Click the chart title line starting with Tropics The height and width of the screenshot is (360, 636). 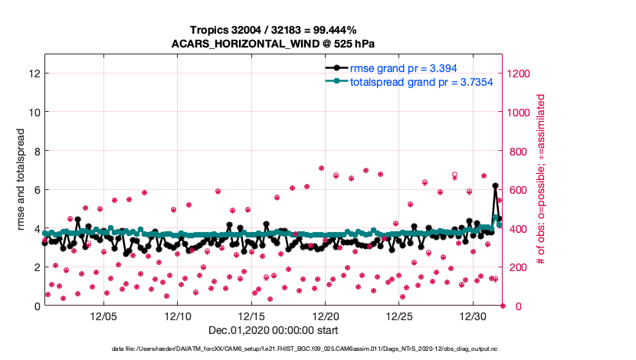point(274,30)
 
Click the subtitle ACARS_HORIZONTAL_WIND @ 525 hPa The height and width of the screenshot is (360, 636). point(274,43)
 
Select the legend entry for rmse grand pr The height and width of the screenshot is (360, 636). point(403,68)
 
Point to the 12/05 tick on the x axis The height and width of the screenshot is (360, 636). point(103,316)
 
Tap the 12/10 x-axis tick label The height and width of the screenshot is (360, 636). point(178,316)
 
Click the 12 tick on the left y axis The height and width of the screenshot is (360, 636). point(33,74)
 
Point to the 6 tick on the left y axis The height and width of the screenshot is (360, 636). point(36,190)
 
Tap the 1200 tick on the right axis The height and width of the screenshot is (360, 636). point(521,74)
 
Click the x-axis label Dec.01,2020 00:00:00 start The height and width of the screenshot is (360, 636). point(274,331)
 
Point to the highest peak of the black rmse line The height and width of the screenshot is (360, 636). point(496,185)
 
